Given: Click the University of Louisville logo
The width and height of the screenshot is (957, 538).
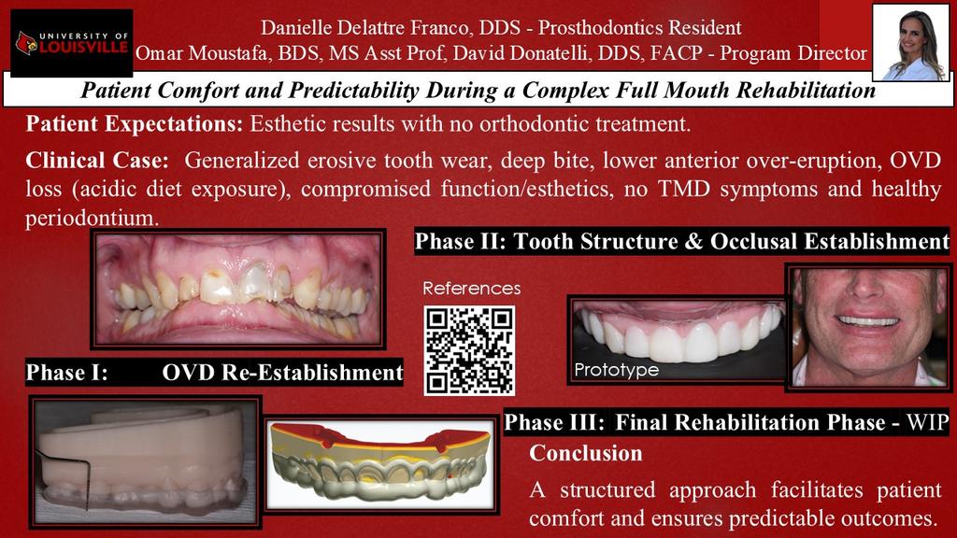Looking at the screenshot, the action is (x=72, y=43).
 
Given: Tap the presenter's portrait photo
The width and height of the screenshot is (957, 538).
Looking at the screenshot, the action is (x=910, y=43).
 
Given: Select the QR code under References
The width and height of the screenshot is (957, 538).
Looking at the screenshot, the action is (x=469, y=350).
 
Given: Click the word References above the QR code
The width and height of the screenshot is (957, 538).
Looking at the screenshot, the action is (x=472, y=288).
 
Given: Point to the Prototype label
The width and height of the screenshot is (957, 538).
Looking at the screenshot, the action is (x=617, y=370).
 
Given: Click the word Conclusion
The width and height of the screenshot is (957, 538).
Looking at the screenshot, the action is (x=585, y=453).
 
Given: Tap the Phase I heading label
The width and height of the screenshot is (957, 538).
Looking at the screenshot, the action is (x=67, y=372).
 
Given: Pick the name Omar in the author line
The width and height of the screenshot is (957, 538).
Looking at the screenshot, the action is (x=159, y=53).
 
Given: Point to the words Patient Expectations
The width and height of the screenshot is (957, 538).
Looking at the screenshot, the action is (x=135, y=124).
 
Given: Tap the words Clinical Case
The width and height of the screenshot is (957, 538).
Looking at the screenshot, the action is (x=97, y=161).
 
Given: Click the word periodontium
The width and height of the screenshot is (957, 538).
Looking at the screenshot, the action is (x=93, y=218).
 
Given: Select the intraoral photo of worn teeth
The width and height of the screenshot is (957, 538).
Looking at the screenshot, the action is (x=238, y=289).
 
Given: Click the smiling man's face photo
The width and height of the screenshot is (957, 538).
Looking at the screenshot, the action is (x=868, y=327).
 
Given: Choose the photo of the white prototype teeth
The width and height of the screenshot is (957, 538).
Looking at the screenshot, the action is (x=677, y=340).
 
